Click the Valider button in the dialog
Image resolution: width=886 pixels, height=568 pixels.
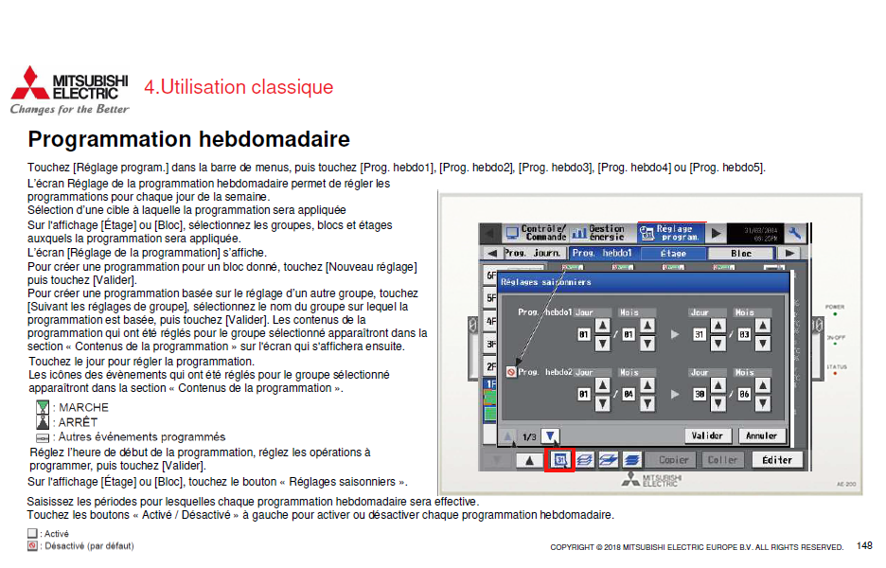(x=707, y=436)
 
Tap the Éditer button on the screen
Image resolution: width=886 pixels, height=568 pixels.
(x=777, y=459)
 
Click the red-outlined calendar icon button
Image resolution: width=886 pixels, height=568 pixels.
(x=560, y=460)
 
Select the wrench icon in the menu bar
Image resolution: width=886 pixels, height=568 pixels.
(x=794, y=232)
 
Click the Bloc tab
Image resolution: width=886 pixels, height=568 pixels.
(x=741, y=254)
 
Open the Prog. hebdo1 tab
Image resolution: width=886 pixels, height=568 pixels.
(x=602, y=254)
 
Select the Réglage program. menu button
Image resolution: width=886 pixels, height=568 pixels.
(x=671, y=232)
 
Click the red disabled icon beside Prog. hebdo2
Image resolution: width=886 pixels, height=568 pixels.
(x=511, y=372)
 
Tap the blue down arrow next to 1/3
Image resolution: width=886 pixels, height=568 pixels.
(x=551, y=436)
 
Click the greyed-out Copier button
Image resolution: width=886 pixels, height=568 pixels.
(x=674, y=459)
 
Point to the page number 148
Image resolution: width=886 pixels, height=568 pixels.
(x=864, y=546)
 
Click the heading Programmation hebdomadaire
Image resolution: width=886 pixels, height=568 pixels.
(x=188, y=140)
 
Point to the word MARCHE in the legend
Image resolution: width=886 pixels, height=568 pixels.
(x=83, y=407)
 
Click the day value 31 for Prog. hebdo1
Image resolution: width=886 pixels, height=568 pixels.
(x=700, y=334)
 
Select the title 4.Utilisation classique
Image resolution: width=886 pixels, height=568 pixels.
(x=239, y=87)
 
